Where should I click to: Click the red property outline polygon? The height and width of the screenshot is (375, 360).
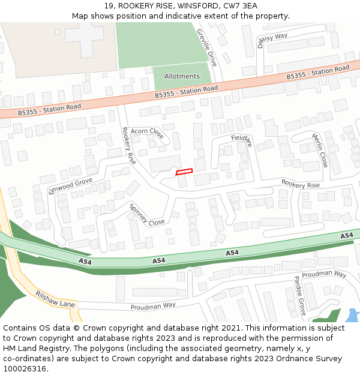(x=184, y=172)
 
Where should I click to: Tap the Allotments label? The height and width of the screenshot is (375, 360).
(x=182, y=76)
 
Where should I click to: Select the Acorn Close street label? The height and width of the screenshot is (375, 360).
(x=147, y=132)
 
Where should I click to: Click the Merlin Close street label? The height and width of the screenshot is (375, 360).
(x=320, y=150)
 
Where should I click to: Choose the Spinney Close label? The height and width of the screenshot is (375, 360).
(x=147, y=214)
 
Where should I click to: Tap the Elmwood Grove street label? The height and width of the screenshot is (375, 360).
(x=70, y=185)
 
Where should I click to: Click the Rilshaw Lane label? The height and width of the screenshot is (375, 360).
(x=55, y=299)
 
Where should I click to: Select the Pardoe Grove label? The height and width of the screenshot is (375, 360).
(x=300, y=296)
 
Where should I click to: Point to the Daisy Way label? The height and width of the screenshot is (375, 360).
(x=273, y=40)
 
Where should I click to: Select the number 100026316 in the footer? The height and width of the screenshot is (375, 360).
(x=25, y=368)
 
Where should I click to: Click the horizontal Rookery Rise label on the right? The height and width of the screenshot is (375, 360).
(x=301, y=185)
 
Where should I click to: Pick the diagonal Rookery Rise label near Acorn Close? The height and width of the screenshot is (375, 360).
(x=129, y=146)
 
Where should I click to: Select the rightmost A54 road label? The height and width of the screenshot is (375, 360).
(x=347, y=236)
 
